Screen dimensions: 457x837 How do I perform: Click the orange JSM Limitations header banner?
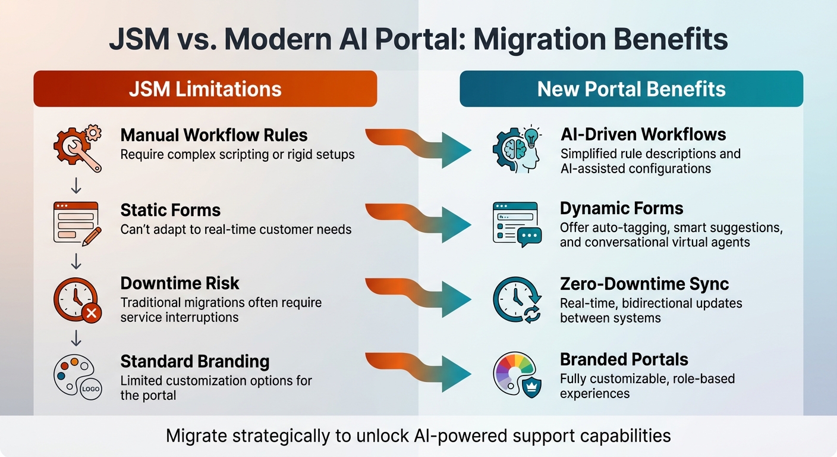tap(205, 89)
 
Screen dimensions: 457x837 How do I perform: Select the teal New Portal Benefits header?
tap(631, 89)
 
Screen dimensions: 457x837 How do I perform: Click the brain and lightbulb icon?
tap(517, 149)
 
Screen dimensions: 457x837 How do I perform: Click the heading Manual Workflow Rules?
tap(214, 135)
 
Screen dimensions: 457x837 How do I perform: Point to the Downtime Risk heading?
tap(180, 283)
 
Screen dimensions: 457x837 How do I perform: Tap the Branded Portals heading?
tap(624, 359)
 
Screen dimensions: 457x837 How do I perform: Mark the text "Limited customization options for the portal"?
tap(216, 387)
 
